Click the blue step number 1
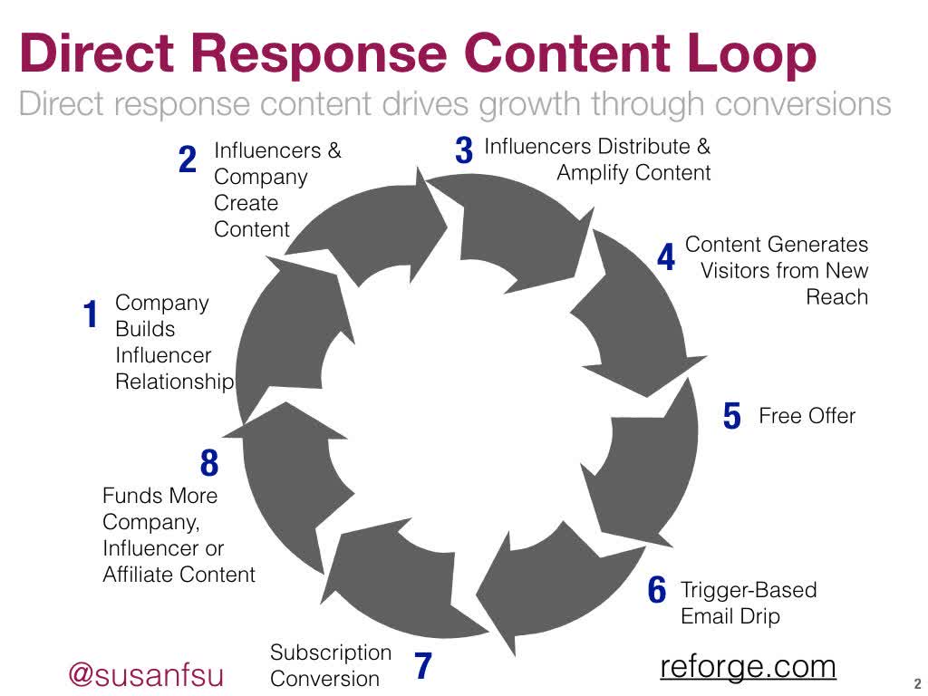[90, 316]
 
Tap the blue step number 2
[188, 160]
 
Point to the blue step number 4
[666, 258]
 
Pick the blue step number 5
[732, 417]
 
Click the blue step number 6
[657, 591]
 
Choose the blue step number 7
[422, 667]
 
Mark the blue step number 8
[209, 464]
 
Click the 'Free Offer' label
[807, 416]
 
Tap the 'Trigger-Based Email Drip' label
[748, 604]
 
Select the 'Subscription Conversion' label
[331, 665]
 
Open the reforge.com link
[748, 666]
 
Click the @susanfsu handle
[146, 675]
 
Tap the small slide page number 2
[917, 684]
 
